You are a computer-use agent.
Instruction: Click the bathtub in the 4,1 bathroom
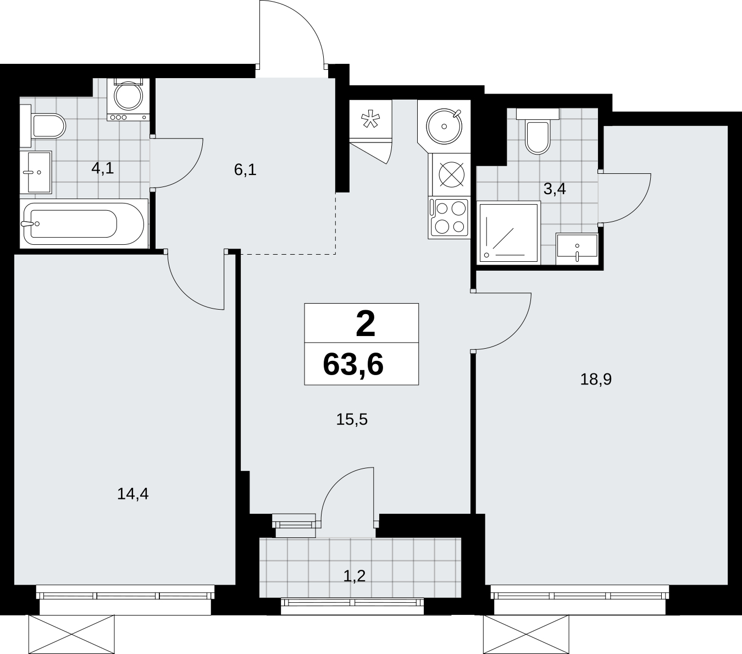84,224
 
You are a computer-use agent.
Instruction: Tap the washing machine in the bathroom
128,100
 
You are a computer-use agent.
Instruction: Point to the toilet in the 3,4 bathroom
538,131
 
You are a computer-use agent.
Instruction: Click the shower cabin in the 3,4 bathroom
509,232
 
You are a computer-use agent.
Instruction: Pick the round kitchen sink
444,126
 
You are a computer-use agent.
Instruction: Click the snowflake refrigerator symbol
370,120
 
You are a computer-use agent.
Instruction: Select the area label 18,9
596,379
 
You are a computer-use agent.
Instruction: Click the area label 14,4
132,494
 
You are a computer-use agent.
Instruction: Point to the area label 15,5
352,419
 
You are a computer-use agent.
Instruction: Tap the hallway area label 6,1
245,170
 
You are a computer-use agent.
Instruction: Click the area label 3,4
555,189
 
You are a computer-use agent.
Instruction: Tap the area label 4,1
103,168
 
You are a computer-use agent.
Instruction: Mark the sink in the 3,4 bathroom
577,249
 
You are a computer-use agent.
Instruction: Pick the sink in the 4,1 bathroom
36,172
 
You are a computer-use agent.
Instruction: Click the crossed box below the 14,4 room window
71,634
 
